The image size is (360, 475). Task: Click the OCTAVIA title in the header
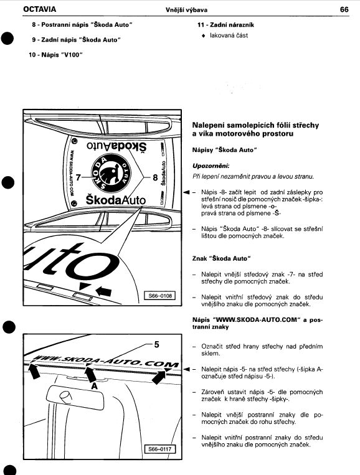(39, 9)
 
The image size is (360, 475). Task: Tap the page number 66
(344, 9)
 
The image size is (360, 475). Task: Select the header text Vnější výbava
(186, 10)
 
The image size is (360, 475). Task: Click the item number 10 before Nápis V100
(32, 55)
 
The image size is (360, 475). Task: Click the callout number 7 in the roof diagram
(78, 177)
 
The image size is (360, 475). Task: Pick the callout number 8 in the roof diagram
(156, 177)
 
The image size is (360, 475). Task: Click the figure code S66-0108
(160, 295)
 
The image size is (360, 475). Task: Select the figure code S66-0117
(160, 449)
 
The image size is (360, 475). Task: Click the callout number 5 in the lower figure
(156, 344)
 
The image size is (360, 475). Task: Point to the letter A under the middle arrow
(95, 386)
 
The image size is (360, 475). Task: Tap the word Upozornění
(211, 166)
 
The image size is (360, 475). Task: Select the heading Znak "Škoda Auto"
(222, 258)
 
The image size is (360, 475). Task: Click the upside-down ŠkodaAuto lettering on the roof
(116, 146)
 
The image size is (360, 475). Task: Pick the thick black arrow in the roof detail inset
(103, 292)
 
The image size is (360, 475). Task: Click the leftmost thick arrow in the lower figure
(34, 371)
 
